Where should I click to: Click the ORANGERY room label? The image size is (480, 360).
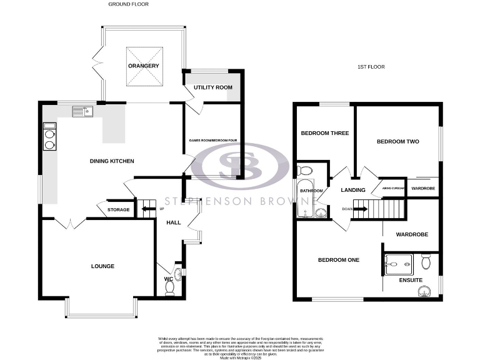[144, 66]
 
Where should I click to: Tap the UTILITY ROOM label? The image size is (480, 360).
[212, 87]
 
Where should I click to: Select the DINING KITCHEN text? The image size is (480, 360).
[112, 161]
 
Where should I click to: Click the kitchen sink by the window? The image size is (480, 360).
[82, 112]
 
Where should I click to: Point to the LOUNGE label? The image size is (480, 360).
[102, 266]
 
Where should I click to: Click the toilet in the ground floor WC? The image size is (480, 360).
[169, 287]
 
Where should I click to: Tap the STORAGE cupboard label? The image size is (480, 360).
[119, 209]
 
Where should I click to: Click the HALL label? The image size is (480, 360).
[173, 222]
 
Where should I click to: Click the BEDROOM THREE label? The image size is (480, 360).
[324, 133]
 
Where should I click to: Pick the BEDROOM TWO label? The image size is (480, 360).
[397, 141]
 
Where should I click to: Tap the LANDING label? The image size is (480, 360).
[352, 190]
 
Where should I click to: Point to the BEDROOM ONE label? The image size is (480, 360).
[338, 260]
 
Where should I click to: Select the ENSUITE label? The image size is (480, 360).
[411, 281]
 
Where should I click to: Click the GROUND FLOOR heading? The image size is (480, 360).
[129, 4]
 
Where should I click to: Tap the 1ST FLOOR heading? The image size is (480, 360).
[371, 66]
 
